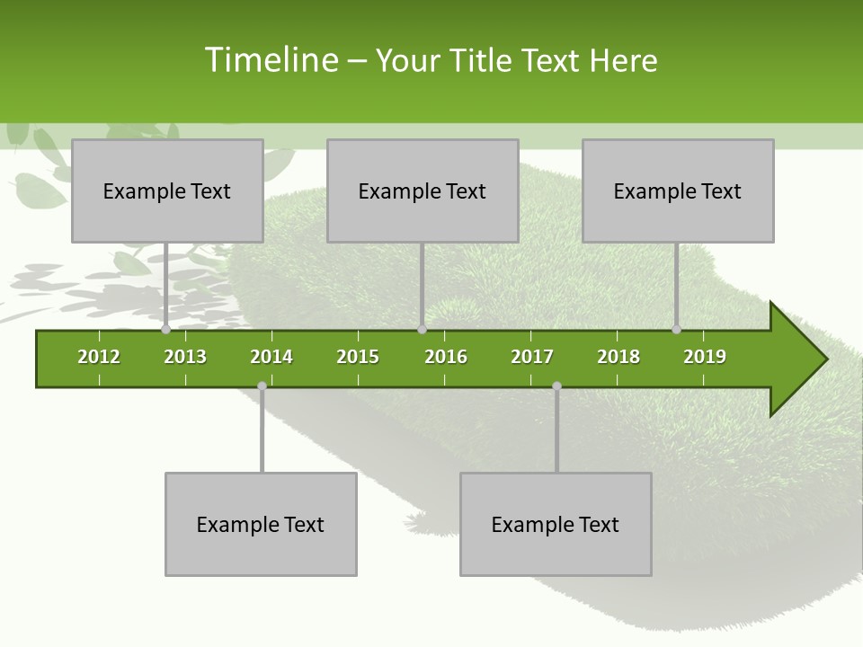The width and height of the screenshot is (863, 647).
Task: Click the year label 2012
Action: coord(99,357)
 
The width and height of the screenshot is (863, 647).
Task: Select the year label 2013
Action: coord(185,357)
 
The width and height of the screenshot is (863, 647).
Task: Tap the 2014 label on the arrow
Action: coord(271,357)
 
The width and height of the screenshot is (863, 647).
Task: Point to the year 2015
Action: coord(358,357)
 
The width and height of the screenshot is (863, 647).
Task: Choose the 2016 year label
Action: coord(446,357)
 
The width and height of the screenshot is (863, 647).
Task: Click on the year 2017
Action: coord(532,357)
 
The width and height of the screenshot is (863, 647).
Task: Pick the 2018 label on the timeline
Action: coord(618,357)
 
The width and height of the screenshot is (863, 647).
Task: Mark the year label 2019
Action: coord(705,357)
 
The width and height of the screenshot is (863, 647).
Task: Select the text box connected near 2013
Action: coord(167,191)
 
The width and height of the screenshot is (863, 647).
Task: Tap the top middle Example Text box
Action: coord(423,191)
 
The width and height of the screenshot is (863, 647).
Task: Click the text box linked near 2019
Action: coord(678,191)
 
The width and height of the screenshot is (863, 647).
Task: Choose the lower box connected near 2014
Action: coord(261,524)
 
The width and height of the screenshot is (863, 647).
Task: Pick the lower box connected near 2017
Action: coord(556,524)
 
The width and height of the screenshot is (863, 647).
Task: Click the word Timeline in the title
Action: coord(270,60)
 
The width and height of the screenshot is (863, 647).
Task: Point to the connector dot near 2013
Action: coord(165,330)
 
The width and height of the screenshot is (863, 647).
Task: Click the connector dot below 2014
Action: coord(262,386)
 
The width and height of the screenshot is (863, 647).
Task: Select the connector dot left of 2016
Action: coord(422,330)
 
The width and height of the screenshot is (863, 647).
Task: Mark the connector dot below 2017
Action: coord(556,386)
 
